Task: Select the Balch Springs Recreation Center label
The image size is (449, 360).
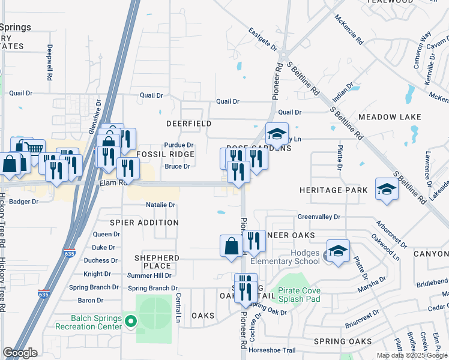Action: coord(88,322)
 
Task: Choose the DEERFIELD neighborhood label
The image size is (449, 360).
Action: coord(188,124)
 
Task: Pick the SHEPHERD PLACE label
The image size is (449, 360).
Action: coord(157,262)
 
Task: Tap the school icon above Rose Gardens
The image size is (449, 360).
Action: coord(277,133)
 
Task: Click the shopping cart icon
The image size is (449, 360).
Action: coord(35,148)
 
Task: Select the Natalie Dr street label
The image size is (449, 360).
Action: coord(160,205)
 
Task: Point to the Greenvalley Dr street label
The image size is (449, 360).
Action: coord(319,217)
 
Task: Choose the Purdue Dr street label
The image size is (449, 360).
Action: coord(179,145)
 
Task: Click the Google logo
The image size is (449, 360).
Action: coord(20,353)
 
